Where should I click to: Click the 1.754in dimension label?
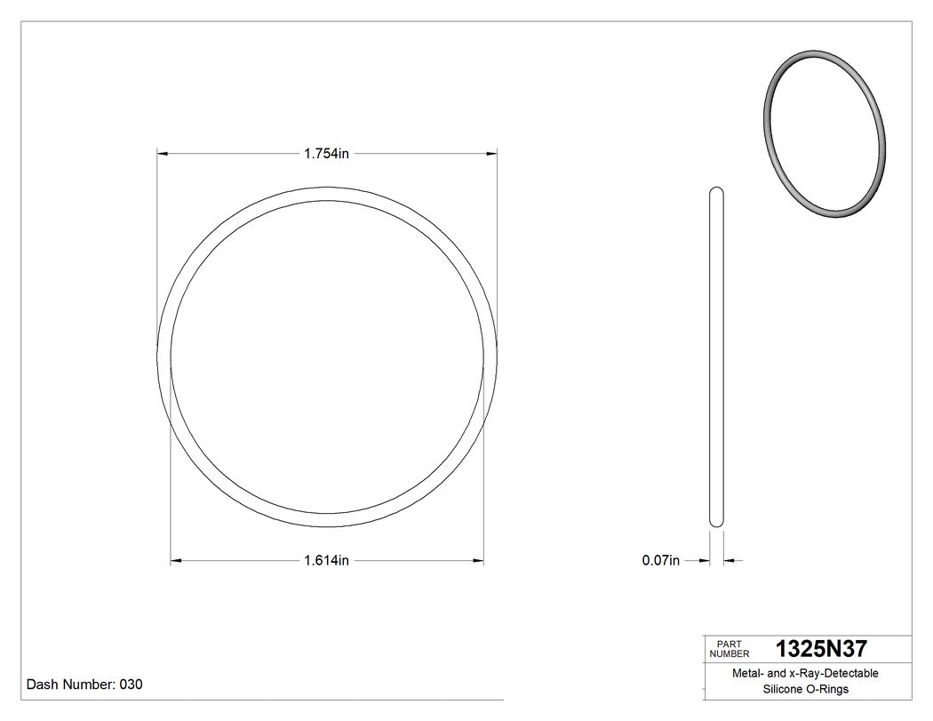tap(326, 153)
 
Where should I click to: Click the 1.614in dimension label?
tap(326, 560)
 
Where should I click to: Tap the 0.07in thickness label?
tap(660, 560)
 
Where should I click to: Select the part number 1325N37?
tap(821, 649)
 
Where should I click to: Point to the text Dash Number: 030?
tap(84, 685)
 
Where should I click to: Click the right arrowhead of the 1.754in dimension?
tap(491, 154)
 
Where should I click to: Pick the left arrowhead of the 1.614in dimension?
tap(176, 560)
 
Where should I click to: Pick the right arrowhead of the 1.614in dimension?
tap(478, 560)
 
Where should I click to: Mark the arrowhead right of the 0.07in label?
tap(706, 560)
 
